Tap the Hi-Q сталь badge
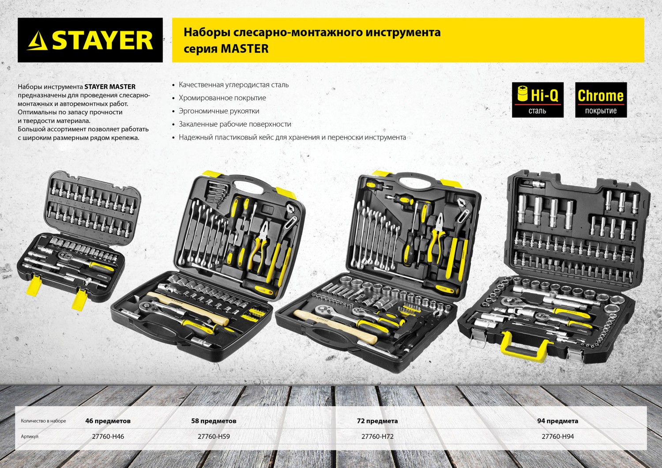point(538,100)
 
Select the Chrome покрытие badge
point(601,100)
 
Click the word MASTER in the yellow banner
point(244,49)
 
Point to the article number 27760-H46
point(108,436)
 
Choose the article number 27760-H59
point(214,436)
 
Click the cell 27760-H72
point(377,436)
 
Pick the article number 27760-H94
point(558,436)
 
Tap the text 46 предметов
point(108,421)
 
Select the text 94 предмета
point(558,421)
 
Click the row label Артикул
point(30,436)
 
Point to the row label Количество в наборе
point(43,421)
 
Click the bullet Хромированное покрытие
point(222,98)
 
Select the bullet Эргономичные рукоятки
point(219,111)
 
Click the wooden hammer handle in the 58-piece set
point(188,308)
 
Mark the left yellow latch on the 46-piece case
point(34,285)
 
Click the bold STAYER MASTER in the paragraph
point(110,87)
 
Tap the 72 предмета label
point(377,421)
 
